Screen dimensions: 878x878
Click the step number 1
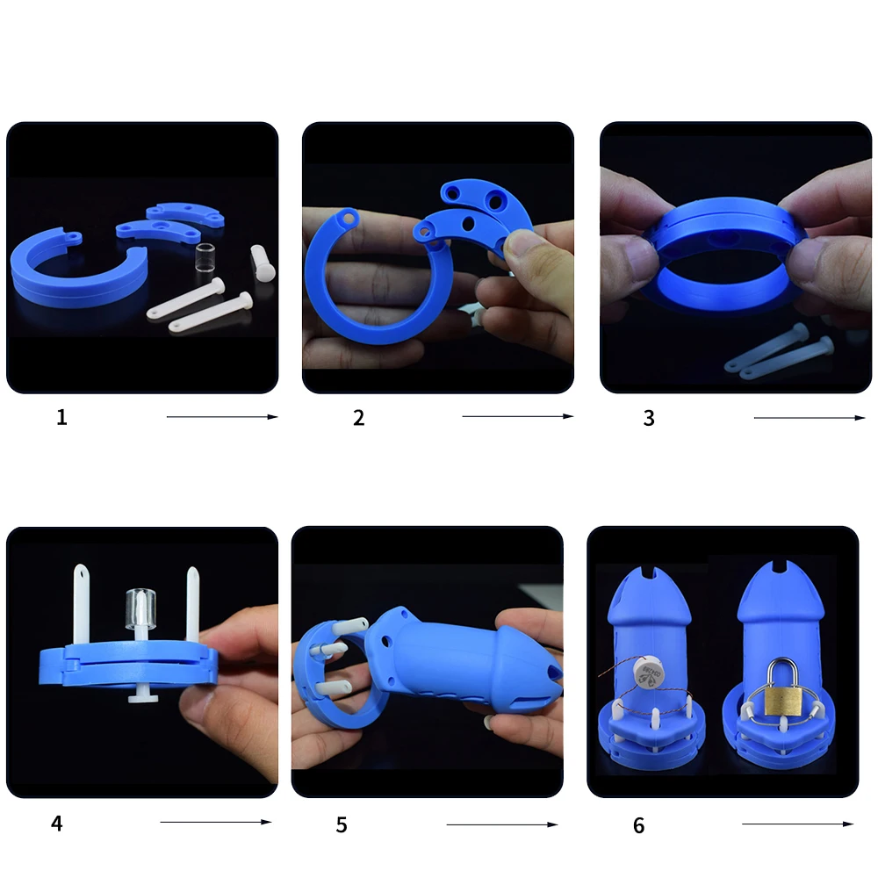61,417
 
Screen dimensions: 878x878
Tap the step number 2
359,418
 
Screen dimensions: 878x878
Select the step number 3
649,418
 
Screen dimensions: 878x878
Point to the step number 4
56,824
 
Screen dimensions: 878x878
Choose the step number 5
342,824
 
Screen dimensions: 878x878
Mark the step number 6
639,825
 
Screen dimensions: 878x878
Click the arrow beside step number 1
222,416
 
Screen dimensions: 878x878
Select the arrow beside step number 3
810,418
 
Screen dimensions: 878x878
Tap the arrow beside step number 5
502,824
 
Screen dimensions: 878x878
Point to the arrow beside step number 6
798,824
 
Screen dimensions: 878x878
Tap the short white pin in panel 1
262,263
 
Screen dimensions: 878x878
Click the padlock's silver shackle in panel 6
783,672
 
